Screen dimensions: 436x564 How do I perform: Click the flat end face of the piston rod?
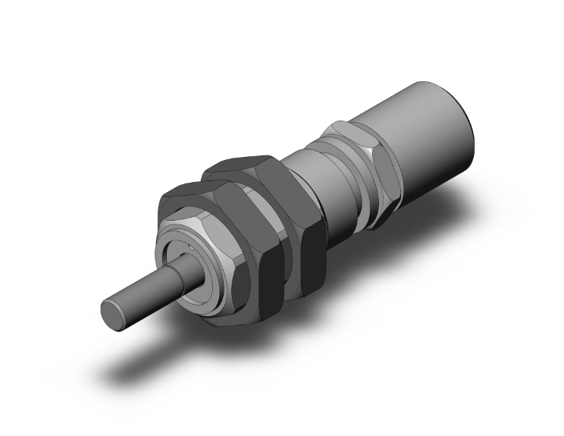pyautogui.click(x=112, y=314)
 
